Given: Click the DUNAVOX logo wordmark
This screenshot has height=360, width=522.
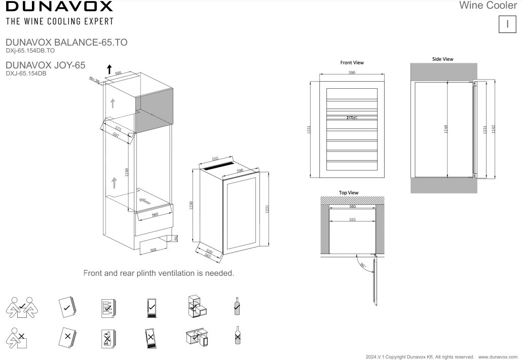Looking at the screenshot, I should (59, 7).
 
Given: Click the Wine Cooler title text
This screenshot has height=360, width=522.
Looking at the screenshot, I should (488, 6).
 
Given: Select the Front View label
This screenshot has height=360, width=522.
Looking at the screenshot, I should (352, 63).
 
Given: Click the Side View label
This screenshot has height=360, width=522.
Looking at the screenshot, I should (442, 59).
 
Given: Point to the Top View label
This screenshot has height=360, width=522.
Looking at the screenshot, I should (349, 193).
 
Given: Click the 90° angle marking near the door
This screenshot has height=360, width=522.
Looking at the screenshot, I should (362, 265).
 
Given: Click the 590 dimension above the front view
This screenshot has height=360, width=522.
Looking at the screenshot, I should (352, 73).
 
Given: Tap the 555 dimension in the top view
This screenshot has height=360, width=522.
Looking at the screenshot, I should (352, 220).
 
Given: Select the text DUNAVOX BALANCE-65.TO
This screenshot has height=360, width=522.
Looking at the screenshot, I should (66, 43).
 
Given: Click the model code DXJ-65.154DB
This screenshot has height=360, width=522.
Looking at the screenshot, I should (26, 73).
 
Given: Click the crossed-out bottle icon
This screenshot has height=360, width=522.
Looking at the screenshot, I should (236, 336).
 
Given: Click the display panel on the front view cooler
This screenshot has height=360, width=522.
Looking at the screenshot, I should (352, 118).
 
